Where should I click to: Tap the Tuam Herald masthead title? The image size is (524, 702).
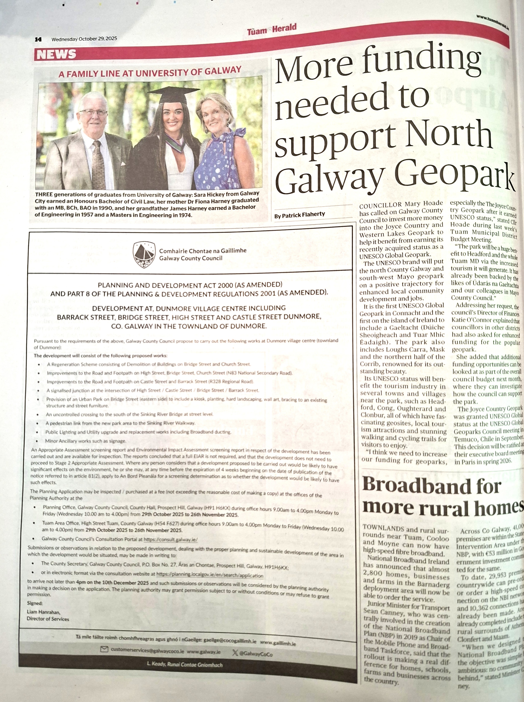pos(272,30)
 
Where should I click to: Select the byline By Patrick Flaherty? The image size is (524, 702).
pos(299,215)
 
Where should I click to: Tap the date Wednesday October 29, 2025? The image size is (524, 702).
pos(84,39)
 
